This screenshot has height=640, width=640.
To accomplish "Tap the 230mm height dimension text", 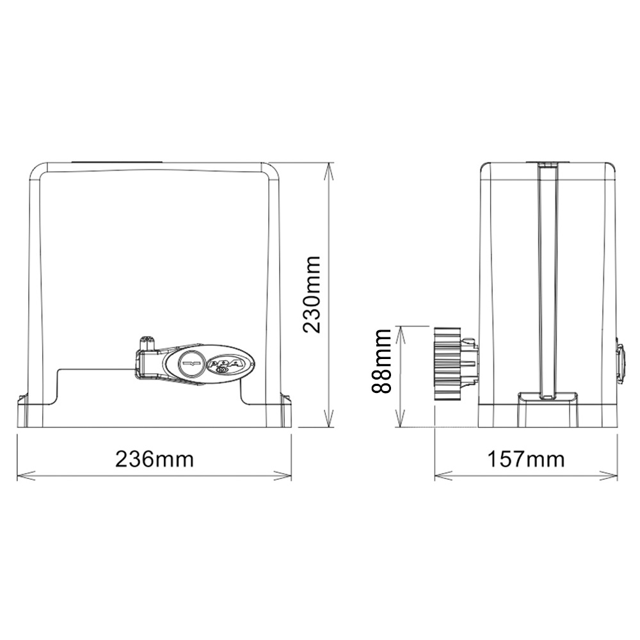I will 312,294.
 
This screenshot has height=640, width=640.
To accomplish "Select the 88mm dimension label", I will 383,361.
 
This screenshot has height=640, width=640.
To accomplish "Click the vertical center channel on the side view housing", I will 548,282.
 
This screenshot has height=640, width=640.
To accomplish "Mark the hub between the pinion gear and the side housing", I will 470,364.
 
